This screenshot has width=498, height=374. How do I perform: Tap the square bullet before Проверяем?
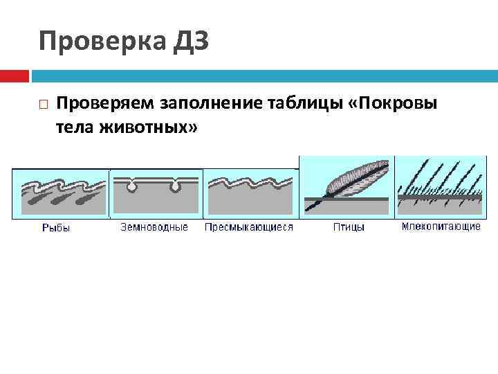[x=43, y=105]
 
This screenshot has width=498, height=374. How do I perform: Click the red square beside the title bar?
[x=14, y=75]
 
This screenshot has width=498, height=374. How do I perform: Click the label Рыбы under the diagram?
[x=56, y=227]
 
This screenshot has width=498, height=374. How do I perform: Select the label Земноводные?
[x=154, y=226]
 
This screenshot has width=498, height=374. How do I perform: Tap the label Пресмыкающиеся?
[x=249, y=226]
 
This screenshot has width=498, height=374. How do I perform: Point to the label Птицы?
[x=349, y=226]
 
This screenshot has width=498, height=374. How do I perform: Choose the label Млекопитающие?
[x=441, y=226]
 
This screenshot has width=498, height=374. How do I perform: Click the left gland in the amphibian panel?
[x=130, y=186]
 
